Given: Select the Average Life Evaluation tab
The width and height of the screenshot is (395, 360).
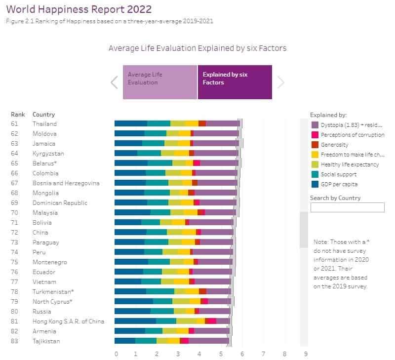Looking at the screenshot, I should tap(159, 82).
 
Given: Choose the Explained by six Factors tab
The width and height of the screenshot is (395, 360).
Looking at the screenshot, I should tap(235, 82).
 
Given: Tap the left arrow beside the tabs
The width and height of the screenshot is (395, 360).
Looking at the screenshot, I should tap(114, 82).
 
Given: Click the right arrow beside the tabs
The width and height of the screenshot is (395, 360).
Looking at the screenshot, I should tap(281, 82).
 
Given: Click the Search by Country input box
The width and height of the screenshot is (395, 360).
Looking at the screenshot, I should tap(347, 207).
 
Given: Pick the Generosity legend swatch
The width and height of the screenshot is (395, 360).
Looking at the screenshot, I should tap(315, 145).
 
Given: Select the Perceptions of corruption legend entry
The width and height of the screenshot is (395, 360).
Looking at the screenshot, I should tap(352, 135).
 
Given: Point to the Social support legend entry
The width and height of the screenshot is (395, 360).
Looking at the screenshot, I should tap(338, 174).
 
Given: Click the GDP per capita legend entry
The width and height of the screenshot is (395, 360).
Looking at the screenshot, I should tap(338, 184).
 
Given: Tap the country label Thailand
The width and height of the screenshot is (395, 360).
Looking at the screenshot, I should tap(44, 124).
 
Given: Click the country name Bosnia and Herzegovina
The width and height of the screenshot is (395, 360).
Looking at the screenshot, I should tap(66, 183).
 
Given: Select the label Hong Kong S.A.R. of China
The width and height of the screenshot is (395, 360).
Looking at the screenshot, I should tap(68, 321).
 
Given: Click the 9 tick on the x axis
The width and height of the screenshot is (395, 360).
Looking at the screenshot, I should tap(306, 354).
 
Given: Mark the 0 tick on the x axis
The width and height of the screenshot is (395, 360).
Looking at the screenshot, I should tap(116, 354).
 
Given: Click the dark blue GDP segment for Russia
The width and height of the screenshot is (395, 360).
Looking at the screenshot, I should tap(132, 311).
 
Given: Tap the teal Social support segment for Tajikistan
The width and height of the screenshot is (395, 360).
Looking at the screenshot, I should tap(146, 341).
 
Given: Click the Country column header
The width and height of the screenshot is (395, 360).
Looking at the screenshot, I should tap(43, 115).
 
